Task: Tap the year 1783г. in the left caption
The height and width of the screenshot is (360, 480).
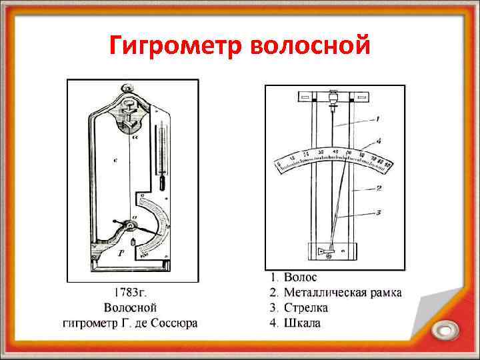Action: [x=131, y=293]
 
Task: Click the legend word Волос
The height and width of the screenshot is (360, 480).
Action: [x=301, y=277]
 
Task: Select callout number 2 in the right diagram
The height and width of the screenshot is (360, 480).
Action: [x=378, y=189]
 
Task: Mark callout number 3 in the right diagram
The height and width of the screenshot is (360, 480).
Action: [x=377, y=213]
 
